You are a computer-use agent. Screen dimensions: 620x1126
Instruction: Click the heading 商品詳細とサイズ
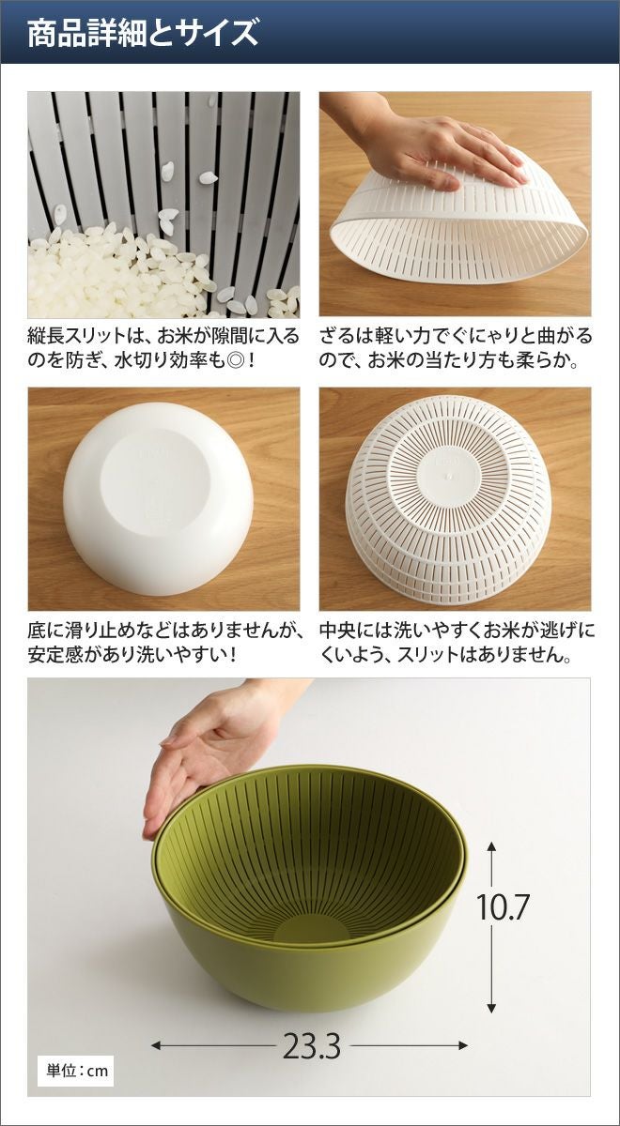click(143, 33)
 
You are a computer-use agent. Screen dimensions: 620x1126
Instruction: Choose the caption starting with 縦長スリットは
click(163, 348)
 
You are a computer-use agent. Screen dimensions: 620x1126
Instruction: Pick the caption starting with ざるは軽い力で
click(456, 348)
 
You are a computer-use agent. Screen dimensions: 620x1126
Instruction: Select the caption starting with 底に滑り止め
click(166, 643)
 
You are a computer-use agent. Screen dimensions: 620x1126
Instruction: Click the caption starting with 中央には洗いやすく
click(457, 643)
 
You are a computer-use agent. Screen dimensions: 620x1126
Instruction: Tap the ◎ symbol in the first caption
click(234, 360)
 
